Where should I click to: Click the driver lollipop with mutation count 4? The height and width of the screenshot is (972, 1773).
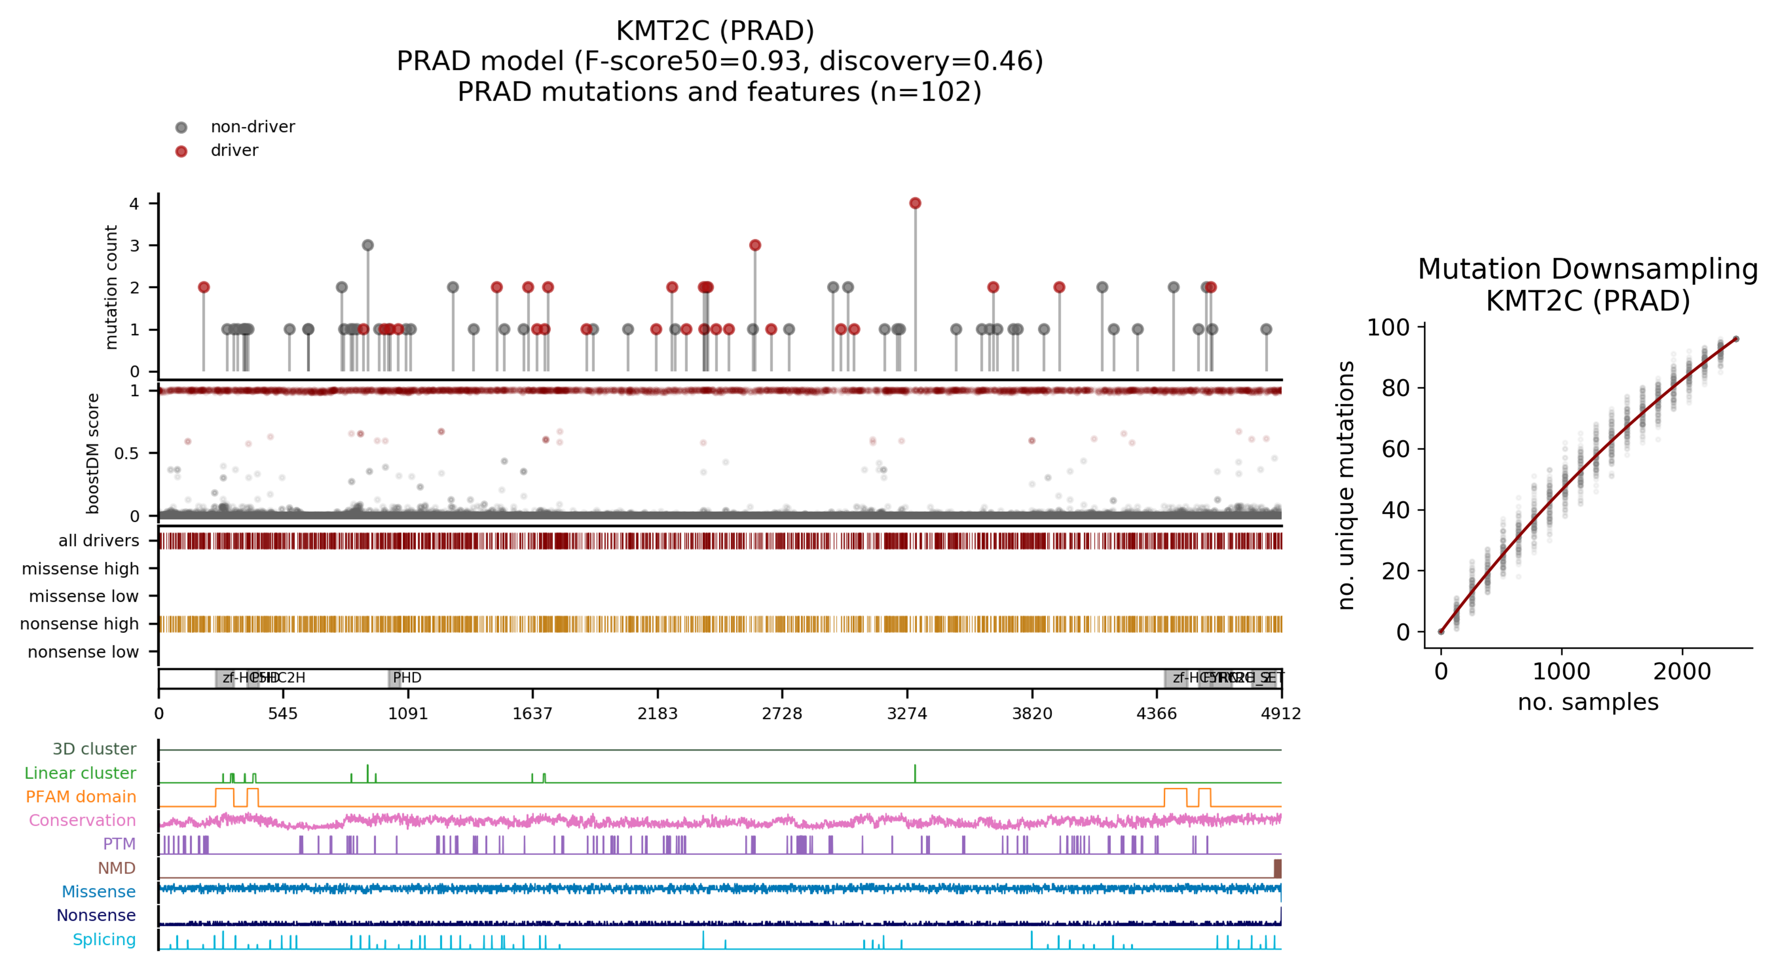coord(915,203)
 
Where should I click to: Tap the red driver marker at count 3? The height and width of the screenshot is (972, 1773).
coord(755,245)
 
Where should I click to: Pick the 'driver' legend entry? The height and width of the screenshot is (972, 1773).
coord(234,150)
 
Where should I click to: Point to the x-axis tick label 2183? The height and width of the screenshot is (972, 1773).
coord(657,713)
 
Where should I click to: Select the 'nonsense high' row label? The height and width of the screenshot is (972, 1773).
coord(79,624)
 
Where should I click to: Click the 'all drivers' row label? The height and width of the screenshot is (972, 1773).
coord(98,540)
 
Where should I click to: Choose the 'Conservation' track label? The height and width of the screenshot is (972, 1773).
coord(82,820)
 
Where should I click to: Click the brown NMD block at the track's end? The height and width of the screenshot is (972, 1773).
coord(1278,868)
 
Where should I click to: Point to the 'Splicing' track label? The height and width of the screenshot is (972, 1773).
coord(104,939)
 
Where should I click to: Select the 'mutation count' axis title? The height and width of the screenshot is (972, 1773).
coord(111,287)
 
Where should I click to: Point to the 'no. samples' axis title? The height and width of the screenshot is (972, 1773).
coord(1588,702)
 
